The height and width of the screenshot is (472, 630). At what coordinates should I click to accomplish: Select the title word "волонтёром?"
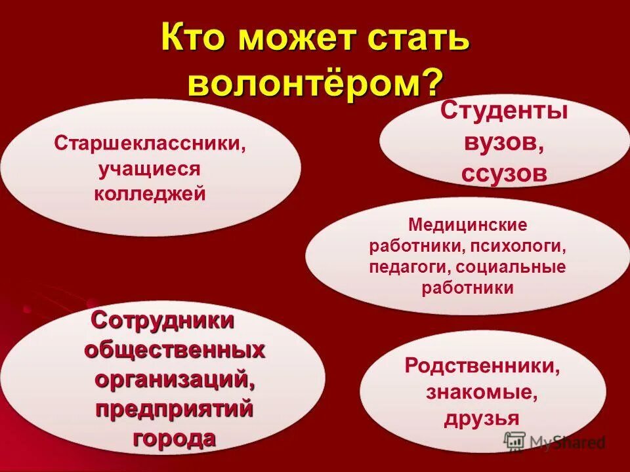coord(315,83)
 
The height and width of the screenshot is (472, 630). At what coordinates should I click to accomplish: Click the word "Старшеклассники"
coord(150,143)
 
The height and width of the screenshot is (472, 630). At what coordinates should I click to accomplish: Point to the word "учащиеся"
coord(150,168)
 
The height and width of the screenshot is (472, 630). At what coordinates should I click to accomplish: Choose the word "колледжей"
coord(150,194)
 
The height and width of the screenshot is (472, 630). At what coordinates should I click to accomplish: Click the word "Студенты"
coord(503,111)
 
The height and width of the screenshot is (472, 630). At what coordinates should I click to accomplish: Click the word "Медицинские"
coord(467,226)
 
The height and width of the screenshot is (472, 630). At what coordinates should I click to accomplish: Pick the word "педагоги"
coord(399,267)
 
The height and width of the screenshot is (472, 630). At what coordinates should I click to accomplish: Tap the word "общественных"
coord(175,350)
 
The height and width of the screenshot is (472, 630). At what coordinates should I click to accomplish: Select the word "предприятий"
coord(175,409)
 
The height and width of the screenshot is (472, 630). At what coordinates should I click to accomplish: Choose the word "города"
coord(175,438)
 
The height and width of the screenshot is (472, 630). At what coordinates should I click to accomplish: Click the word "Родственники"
coord(482,366)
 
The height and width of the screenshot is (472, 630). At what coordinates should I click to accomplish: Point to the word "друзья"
coord(482,418)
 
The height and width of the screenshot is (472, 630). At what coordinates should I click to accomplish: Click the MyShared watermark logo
coord(555,442)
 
